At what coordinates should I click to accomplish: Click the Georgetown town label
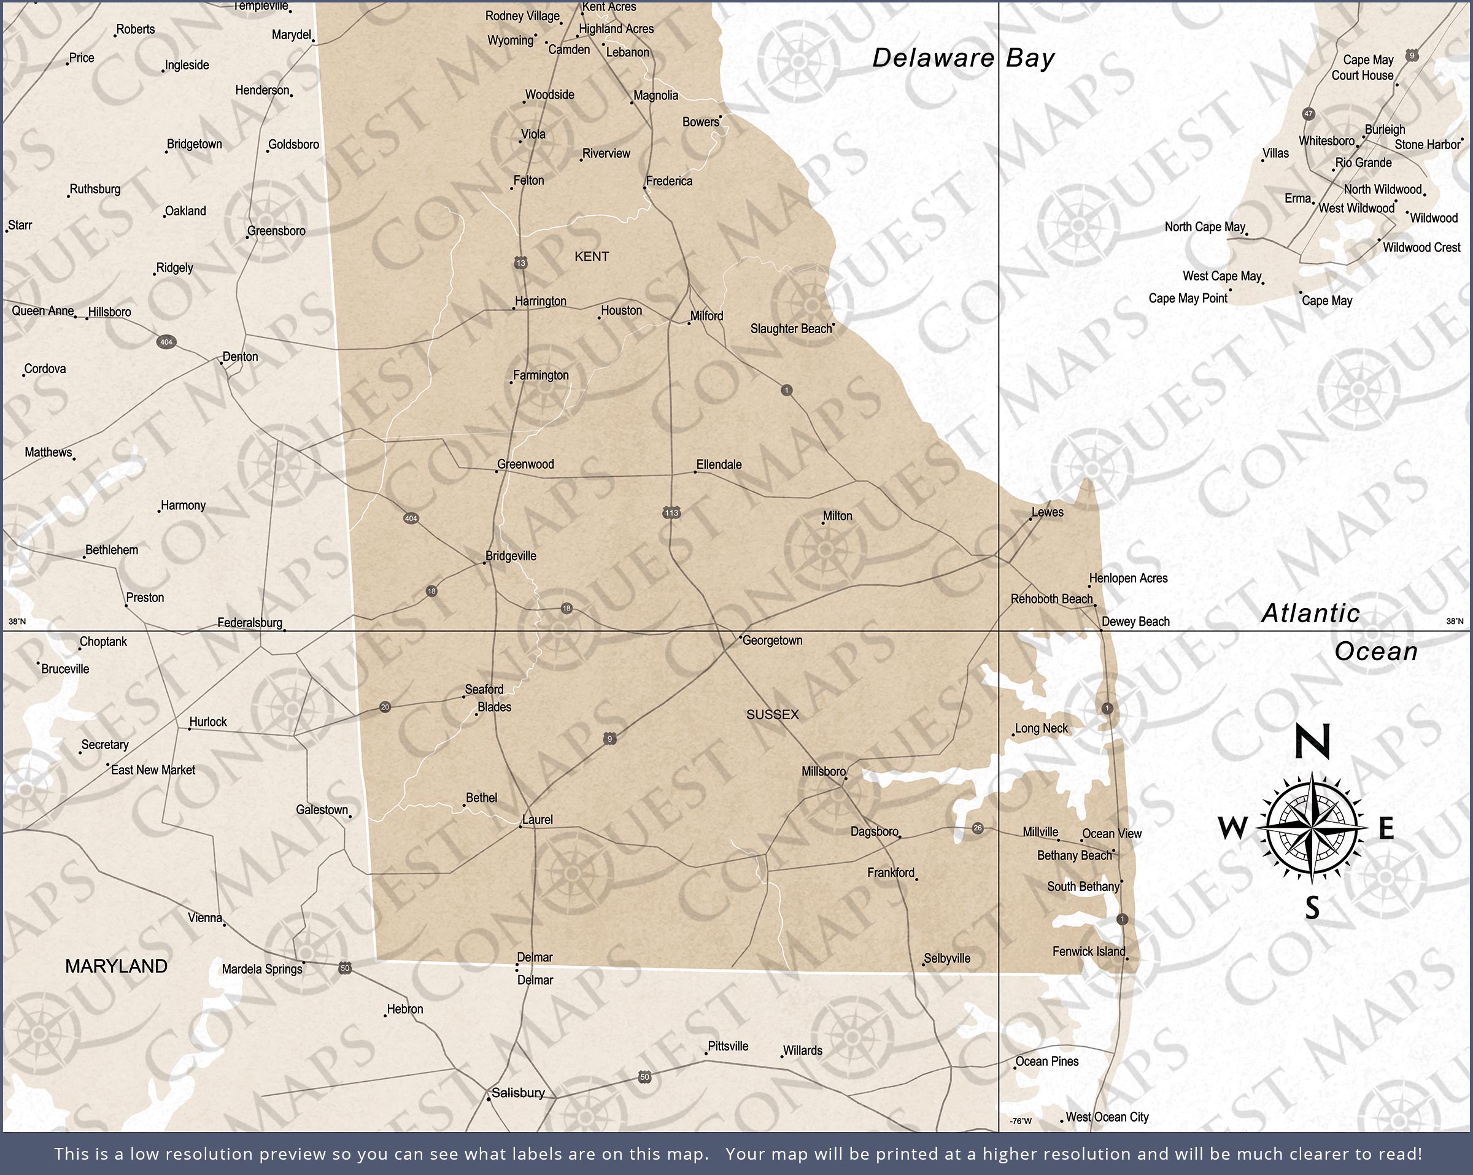[772, 640]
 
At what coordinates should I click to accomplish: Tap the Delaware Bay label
[964, 58]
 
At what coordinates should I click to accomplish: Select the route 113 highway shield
[671, 512]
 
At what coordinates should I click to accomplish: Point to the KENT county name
[592, 256]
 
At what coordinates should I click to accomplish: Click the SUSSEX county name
[772, 715]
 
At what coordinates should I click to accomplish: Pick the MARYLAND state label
[116, 966]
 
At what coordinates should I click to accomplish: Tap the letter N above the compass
[1312, 742]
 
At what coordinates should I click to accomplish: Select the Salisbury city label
[518, 1093]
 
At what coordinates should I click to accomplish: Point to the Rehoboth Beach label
[1051, 599]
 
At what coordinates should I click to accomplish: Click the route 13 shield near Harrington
[520, 263]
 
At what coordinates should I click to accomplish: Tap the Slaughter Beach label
[791, 329]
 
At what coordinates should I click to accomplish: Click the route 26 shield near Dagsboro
[978, 828]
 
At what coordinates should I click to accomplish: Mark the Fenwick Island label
[1088, 951]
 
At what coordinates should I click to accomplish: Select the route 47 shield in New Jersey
[1309, 114]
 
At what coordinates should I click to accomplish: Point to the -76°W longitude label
[1021, 1121]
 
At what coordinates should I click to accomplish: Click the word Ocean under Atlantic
[1376, 651]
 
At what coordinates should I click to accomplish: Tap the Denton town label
[240, 356]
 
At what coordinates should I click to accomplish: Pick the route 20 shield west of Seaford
[385, 707]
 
